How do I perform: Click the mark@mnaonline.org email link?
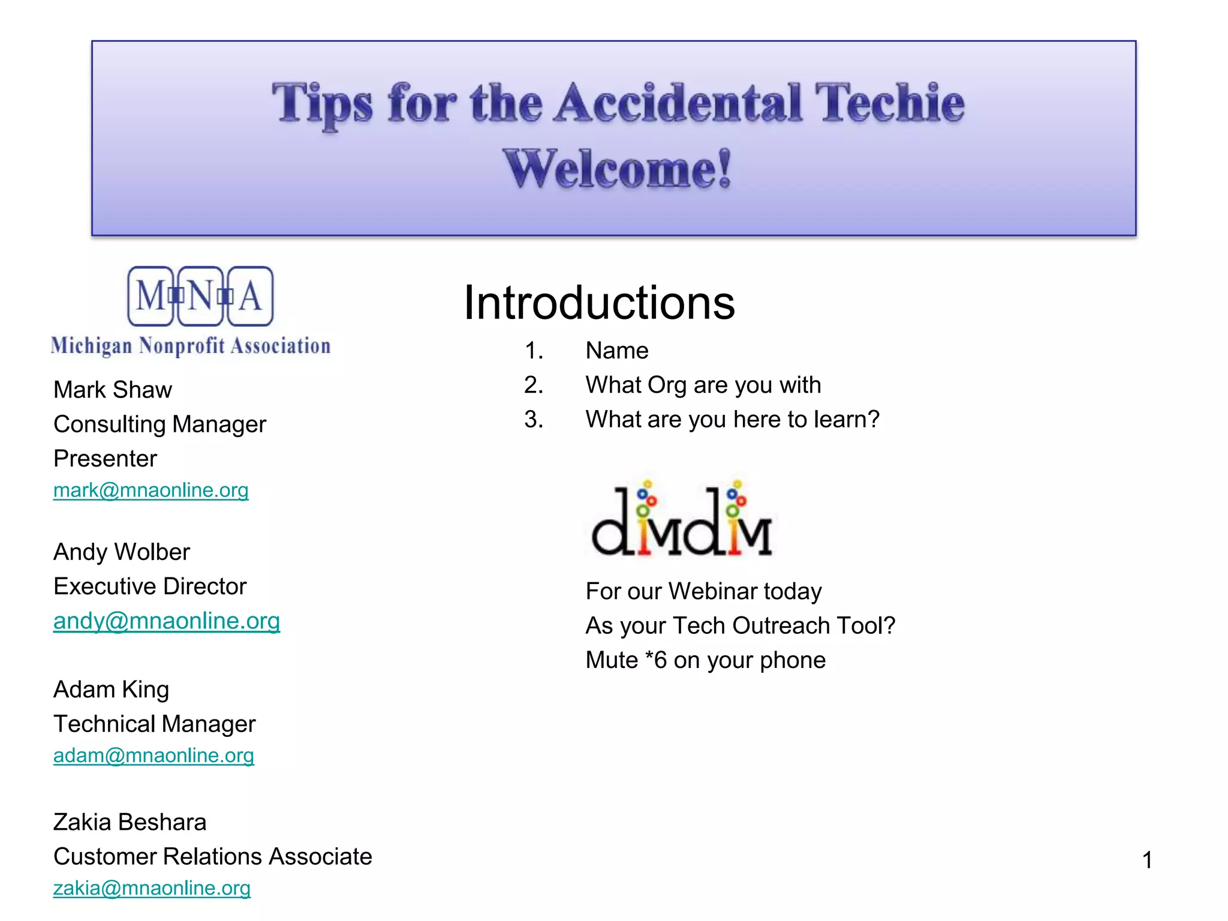click(151, 490)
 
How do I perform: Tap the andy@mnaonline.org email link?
click(166, 621)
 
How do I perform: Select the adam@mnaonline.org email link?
click(153, 756)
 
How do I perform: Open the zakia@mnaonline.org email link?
click(152, 888)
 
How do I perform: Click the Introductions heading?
click(599, 303)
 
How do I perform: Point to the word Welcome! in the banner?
click(617, 169)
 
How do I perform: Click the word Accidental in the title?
click(678, 103)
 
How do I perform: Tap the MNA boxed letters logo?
click(200, 296)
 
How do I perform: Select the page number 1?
click(1147, 860)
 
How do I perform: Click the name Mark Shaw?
click(113, 390)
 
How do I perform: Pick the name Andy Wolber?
click(122, 552)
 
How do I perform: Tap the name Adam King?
click(111, 690)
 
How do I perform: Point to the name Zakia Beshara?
click(130, 822)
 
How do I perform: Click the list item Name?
click(617, 351)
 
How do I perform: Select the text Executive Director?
click(150, 586)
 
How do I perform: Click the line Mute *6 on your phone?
click(706, 660)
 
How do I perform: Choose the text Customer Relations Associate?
click(212, 856)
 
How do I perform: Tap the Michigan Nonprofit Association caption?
click(191, 346)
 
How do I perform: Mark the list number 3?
click(534, 420)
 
